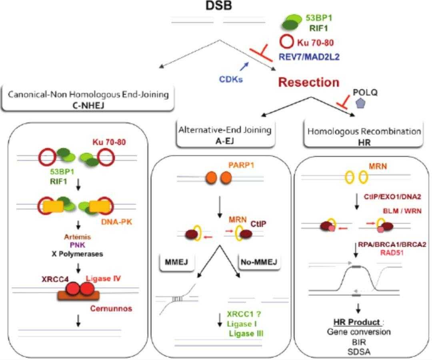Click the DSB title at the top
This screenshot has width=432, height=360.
pyautogui.click(x=219, y=5)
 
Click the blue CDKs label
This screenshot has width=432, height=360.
pyautogui.click(x=231, y=79)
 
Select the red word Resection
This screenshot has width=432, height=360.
pyautogui.click(x=309, y=82)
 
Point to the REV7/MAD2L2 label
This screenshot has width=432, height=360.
pyautogui.click(x=309, y=57)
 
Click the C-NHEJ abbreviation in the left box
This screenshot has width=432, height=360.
pyautogui.click(x=88, y=105)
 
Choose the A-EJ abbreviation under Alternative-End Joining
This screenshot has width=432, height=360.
pyautogui.click(x=225, y=141)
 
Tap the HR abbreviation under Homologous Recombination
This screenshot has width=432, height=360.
pyautogui.click(x=364, y=143)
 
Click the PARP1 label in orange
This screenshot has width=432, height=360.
pyautogui.click(x=241, y=165)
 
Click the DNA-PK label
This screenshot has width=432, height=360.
pyautogui.click(x=116, y=222)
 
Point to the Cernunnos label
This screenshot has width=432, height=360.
pyautogui.click(x=111, y=308)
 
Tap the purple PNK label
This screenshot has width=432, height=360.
pyautogui.click(x=78, y=245)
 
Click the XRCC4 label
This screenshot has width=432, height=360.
pyautogui.click(x=55, y=279)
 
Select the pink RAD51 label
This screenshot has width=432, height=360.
pyautogui.click(x=392, y=252)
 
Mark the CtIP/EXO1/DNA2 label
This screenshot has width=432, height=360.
pyautogui.click(x=392, y=197)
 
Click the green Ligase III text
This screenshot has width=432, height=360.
pyautogui.click(x=246, y=334)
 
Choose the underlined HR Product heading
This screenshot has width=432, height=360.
pyautogui.click(x=357, y=322)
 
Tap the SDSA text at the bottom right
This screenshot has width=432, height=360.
pyautogui.click(x=359, y=352)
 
